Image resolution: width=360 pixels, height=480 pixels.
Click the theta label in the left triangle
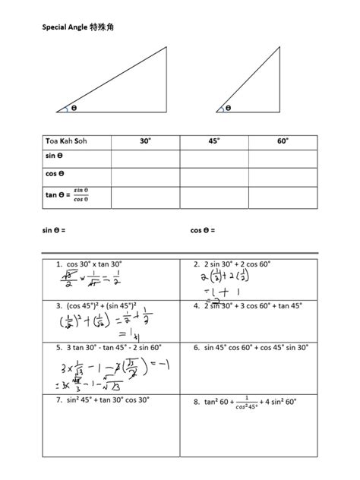click(74, 108)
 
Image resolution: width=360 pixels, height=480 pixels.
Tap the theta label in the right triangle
click(228, 108)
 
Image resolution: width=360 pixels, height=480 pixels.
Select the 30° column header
click(145, 141)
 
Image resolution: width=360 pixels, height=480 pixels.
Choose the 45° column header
click(214, 141)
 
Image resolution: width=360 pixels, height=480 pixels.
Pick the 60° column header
click(282, 141)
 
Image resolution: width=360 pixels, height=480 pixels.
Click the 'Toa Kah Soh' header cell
click(68, 141)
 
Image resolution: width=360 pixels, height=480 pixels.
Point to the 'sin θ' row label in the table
click(55, 158)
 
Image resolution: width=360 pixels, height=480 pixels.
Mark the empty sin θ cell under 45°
click(214, 158)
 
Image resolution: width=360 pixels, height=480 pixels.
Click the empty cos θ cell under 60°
click(282, 177)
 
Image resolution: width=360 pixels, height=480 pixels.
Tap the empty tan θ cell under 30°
click(145, 197)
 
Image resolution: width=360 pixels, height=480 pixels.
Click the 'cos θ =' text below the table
click(203, 229)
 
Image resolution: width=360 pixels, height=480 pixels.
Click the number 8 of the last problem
click(196, 401)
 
